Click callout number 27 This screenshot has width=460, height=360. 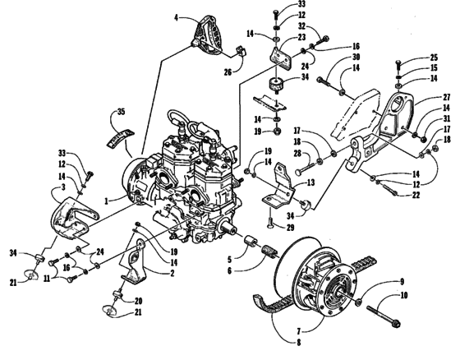(424, 95)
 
